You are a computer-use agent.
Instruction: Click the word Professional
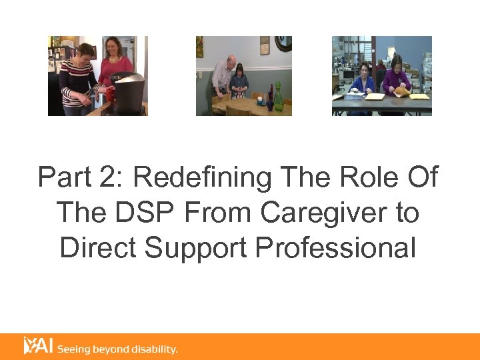click(x=335, y=248)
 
